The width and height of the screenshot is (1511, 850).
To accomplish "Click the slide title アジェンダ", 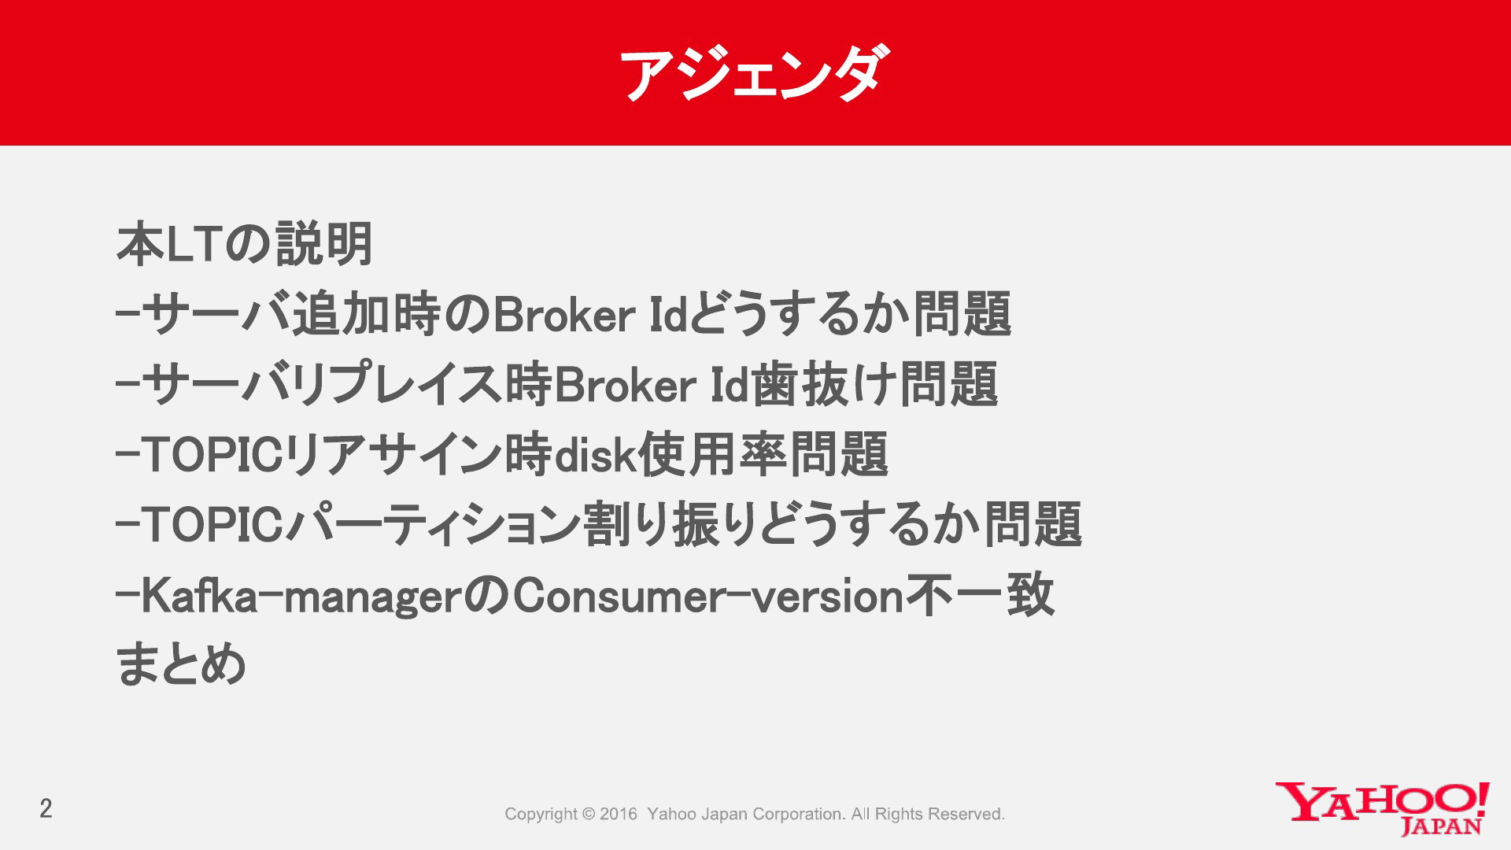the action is [x=755, y=73].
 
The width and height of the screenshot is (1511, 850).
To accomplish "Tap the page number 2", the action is [x=46, y=808].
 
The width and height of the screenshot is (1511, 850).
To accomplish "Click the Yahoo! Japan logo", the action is [x=1383, y=808].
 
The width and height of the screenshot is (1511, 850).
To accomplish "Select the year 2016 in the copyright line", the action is [x=619, y=814].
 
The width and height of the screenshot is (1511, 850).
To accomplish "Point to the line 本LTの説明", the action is [x=245, y=244].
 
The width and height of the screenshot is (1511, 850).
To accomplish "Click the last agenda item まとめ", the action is [x=181, y=663].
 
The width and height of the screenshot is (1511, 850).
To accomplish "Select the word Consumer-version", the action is [x=708, y=596].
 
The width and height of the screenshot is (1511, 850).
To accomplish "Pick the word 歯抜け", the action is [x=825, y=385].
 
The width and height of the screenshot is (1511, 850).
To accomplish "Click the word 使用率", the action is [x=712, y=455].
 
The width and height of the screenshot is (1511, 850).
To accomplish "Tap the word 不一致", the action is [x=981, y=595].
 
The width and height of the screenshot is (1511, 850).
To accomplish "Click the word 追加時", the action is [x=367, y=314].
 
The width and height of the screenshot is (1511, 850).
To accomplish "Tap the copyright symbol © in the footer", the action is [x=589, y=814].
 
